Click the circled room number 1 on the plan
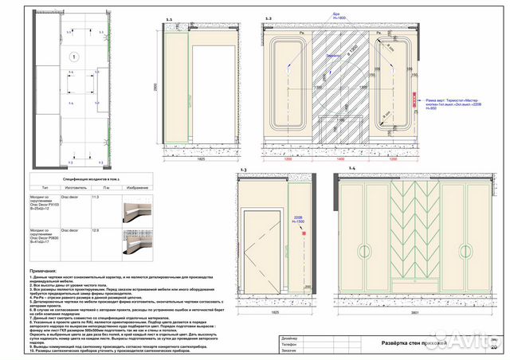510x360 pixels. click(73, 57)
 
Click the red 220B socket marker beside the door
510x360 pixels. click(304, 233)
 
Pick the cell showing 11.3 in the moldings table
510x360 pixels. click(96, 196)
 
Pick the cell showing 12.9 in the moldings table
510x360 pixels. click(96, 230)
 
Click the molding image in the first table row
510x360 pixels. click(133, 211)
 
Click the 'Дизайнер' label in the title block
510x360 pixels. click(290, 338)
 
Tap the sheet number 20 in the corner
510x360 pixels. click(493, 346)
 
